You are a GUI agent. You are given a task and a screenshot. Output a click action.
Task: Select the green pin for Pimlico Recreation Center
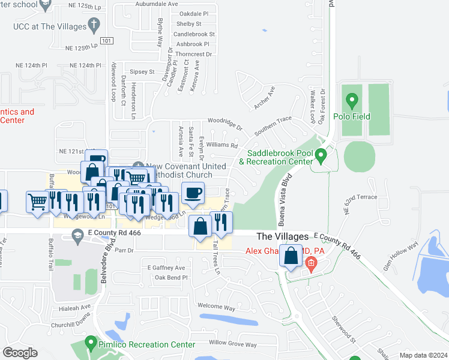pyautogui.click(x=91, y=344)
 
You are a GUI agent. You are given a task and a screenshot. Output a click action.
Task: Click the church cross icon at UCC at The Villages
pyautogui.click(x=93, y=25)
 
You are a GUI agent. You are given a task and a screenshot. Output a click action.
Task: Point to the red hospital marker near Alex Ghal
pyautogui.click(x=310, y=262)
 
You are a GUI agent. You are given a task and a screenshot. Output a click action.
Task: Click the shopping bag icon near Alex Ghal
pyautogui.click(x=291, y=256)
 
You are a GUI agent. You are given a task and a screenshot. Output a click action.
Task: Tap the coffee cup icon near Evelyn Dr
pyautogui.click(x=193, y=193)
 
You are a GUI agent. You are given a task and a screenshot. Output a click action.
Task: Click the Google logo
pyautogui.click(x=20, y=353)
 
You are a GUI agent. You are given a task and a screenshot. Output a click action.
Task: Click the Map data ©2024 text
pyautogui.click(x=423, y=355)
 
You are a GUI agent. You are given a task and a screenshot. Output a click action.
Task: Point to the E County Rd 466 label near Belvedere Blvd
pyautogui.click(x=113, y=232)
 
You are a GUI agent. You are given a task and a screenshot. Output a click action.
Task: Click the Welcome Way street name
pyautogui.click(x=216, y=307)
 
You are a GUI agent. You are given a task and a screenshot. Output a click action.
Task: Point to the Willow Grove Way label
pyautogui.click(x=233, y=344)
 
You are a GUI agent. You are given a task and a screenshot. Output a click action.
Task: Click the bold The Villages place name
pyautogui.click(x=282, y=237)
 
